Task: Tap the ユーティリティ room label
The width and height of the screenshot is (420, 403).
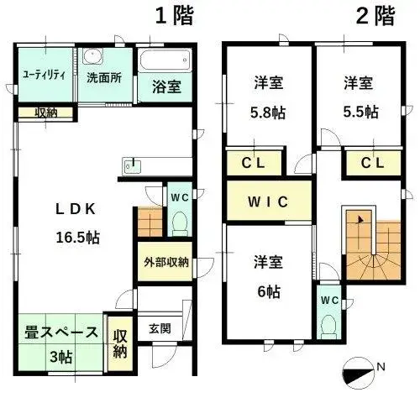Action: click(45, 76)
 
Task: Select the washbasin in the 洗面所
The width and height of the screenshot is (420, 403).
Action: click(92, 56)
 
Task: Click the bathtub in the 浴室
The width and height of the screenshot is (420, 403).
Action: click(165, 60)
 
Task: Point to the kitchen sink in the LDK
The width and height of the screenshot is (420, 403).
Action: click(131, 165)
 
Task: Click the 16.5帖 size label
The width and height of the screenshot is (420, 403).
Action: click(78, 238)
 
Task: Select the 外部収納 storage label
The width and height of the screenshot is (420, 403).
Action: click(166, 262)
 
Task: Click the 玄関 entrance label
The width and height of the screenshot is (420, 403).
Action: click(160, 328)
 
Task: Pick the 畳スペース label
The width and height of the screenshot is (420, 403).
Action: click(61, 332)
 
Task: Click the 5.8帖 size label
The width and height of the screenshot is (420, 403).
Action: click(268, 113)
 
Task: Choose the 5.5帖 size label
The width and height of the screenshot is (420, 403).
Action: click(361, 112)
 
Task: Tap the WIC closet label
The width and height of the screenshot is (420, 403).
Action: click(268, 201)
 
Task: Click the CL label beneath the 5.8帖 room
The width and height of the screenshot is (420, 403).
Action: click(253, 163)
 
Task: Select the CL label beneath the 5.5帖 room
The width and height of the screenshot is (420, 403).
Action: click(372, 163)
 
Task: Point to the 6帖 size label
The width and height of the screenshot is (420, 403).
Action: click(269, 292)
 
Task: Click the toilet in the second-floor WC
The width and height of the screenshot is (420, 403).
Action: click(329, 327)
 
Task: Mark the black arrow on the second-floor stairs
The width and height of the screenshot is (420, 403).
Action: click(360, 220)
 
